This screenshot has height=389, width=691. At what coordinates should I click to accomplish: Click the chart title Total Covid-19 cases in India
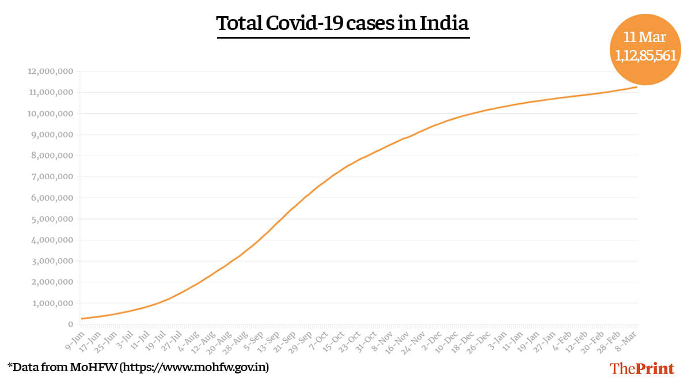coord(343,24)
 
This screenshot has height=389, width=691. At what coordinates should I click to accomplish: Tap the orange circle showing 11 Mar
coord(644,49)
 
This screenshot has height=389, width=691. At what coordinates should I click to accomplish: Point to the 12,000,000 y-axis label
coord(50,71)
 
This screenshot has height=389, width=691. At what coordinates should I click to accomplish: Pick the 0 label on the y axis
coord(70,324)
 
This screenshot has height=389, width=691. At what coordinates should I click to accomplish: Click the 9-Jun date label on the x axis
coord(73,339)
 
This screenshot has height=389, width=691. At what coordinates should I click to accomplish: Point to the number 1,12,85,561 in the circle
coord(644,56)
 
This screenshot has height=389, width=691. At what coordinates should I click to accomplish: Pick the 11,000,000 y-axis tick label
coord(50,93)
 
